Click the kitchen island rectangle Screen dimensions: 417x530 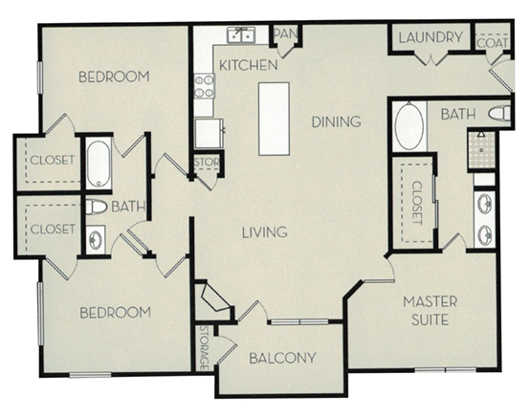[274, 119]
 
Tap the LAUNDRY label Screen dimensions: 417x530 [431, 38]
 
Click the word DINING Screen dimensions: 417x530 [336, 121]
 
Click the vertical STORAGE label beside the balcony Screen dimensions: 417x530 [204, 349]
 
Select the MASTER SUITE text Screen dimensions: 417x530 [429, 311]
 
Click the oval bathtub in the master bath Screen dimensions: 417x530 [410, 126]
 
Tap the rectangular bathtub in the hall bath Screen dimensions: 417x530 [99, 164]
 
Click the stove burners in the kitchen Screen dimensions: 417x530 [205, 87]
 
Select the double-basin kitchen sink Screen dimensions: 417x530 [240, 36]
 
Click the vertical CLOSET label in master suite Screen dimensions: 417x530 [417, 202]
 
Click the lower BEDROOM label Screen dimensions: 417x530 [115, 313]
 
